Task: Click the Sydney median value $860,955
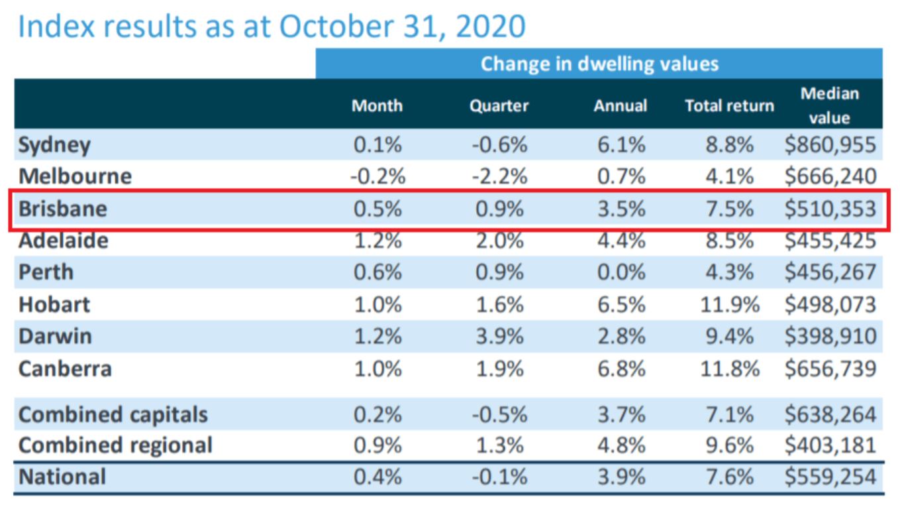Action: pos(830,144)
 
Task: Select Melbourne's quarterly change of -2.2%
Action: pos(499,176)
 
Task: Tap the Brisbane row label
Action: pos(63,209)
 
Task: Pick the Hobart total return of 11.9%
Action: pos(730,304)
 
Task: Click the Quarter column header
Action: pos(499,106)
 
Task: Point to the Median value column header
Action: pos(830,105)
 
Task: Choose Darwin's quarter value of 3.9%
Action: pos(500,336)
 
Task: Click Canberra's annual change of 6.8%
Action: pos(622,368)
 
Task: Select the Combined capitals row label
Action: pos(113,414)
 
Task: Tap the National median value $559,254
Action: pos(830,477)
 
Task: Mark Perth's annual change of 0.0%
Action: pos(622,272)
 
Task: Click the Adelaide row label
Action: pos(64,241)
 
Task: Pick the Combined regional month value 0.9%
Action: pos(377,445)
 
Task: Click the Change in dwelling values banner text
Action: pos(599,64)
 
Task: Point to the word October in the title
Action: pos(336,27)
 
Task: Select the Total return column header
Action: pos(730,106)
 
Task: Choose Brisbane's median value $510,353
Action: pos(830,209)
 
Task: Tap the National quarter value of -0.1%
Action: pos(499,477)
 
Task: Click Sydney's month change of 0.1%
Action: pos(377,144)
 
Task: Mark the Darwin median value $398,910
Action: pos(830,336)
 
